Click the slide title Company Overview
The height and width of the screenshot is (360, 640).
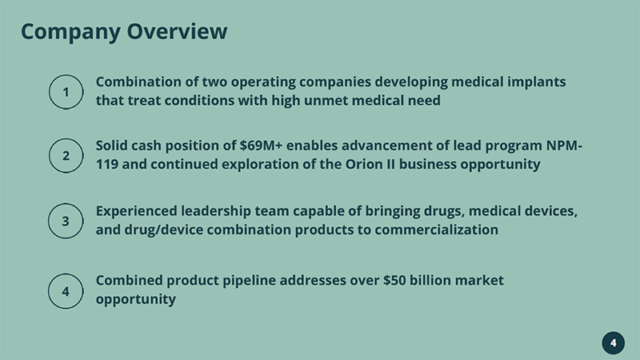(x=124, y=32)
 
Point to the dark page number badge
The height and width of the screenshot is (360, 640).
(x=613, y=343)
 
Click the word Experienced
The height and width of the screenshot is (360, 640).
(x=137, y=211)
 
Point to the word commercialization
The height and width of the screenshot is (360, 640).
(x=436, y=230)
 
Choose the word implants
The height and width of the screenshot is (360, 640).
(x=536, y=82)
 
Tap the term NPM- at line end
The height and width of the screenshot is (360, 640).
(x=564, y=146)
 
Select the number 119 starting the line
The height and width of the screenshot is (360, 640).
(x=107, y=164)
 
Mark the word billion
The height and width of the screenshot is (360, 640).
(x=430, y=281)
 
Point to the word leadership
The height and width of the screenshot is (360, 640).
(x=216, y=211)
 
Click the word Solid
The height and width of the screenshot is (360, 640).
(x=111, y=146)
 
